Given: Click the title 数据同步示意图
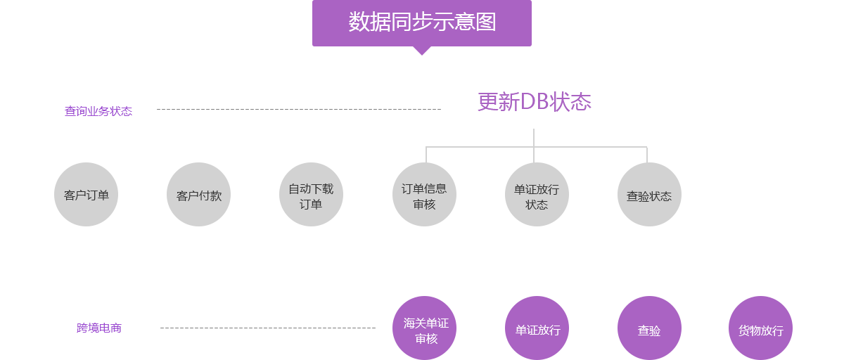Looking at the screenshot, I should pos(422,22).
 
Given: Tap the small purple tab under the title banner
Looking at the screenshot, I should pos(421,51).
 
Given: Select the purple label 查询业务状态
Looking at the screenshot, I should pos(98,111).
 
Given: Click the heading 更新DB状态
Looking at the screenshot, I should pos(535,102).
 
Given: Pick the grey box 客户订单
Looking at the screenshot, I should pos(86,194).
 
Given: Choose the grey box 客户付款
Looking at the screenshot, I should pos(198,194).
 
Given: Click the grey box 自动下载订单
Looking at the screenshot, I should pos(311,194).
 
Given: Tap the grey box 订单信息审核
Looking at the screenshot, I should pos(424,194).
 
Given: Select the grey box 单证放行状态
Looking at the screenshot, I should pos(537,194).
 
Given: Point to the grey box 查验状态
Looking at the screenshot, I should pos(649,194).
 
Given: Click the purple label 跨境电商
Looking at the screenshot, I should pos(99,328).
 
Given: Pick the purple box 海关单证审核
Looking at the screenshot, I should pos(424,328).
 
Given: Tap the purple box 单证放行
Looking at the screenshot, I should pos(537,328).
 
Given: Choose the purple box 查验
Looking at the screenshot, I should pos(649,328).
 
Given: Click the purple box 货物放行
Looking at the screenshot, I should pos(760,328).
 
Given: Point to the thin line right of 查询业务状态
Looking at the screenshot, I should pos(299,109).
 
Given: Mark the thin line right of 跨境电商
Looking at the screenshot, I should pos(264,328).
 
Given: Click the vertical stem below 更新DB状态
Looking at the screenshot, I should pos(534,136).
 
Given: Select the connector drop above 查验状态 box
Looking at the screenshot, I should pos(646,153).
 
